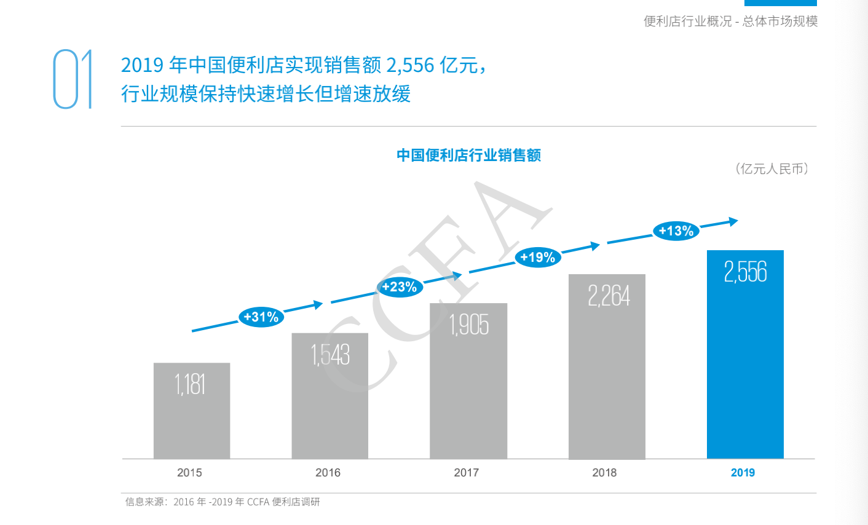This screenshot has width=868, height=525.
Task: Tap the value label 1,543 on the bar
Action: pyautogui.click(x=330, y=355)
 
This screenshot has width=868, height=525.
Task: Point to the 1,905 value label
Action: pyautogui.click(x=469, y=325)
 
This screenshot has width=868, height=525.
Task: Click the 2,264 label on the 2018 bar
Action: pyautogui.click(x=609, y=296)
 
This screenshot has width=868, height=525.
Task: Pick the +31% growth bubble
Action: pyautogui.click(x=261, y=317)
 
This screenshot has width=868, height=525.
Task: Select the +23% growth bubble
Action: pyautogui.click(x=400, y=287)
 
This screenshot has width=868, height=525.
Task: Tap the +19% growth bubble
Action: pyautogui.click(x=538, y=258)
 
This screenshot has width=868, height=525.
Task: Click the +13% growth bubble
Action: pyautogui.click(x=676, y=231)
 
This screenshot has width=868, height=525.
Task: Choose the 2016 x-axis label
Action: pyautogui.click(x=328, y=473)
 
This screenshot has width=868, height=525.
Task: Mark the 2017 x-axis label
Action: pyautogui.click(x=466, y=473)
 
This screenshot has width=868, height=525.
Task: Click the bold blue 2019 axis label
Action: pyautogui.click(x=743, y=473)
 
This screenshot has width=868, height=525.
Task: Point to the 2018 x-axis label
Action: pyautogui.click(x=604, y=473)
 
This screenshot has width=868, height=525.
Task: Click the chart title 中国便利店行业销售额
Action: pyautogui.click(x=468, y=156)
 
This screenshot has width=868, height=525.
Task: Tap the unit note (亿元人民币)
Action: pyautogui.click(x=771, y=169)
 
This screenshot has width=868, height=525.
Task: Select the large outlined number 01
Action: pyautogui.click(x=73, y=80)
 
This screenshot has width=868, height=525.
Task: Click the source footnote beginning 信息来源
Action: pyautogui.click(x=223, y=502)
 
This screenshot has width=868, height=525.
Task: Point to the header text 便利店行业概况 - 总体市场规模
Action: pyautogui.click(x=730, y=22)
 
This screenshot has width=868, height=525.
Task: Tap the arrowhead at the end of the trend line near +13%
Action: pyautogui.click(x=733, y=221)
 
